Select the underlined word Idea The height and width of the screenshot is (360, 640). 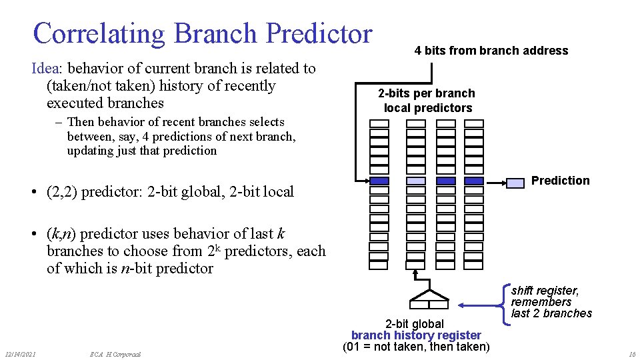point(47,68)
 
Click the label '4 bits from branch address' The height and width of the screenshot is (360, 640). point(491,51)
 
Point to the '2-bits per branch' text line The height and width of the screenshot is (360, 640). point(427,93)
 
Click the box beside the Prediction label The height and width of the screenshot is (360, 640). point(515,182)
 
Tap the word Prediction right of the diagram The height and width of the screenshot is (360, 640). point(560,181)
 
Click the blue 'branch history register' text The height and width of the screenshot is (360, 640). point(416,335)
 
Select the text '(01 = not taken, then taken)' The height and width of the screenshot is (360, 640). point(416,347)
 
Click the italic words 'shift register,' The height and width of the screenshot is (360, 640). point(545,291)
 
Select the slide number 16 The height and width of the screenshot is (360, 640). point(631,353)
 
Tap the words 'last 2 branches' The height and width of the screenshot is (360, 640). point(551,313)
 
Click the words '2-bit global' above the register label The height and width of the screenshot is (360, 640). point(414,324)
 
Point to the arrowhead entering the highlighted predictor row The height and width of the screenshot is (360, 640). point(365,181)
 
